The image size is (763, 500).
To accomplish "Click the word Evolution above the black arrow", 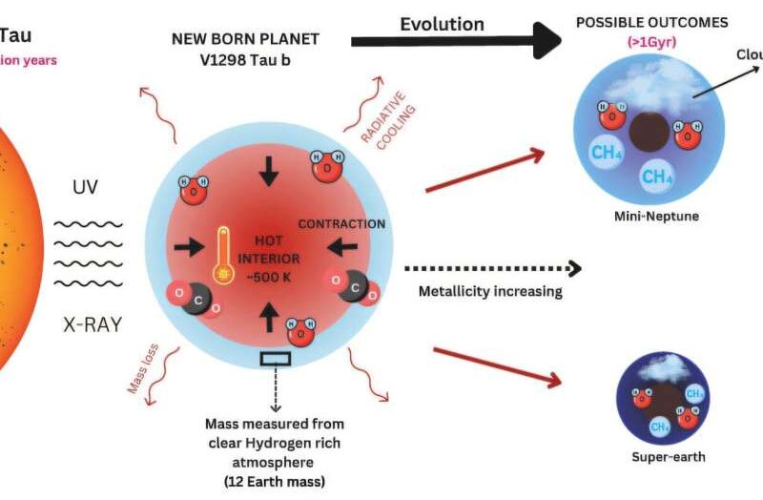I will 442,24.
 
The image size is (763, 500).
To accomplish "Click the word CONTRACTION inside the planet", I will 342,224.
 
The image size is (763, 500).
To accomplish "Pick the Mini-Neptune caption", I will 657,217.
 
